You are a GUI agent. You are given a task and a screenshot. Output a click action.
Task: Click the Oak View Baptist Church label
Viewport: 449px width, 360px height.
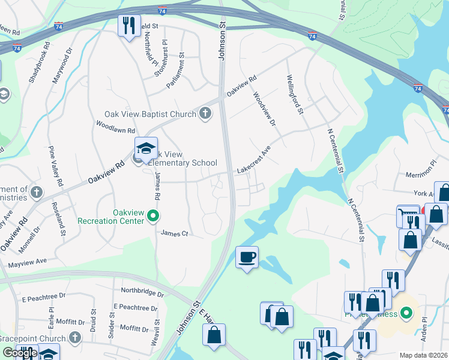pos(150,114)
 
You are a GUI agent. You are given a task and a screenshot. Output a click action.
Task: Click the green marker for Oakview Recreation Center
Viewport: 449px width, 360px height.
pos(154,215)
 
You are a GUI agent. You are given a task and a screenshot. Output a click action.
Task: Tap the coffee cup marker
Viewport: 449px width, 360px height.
pos(247,257)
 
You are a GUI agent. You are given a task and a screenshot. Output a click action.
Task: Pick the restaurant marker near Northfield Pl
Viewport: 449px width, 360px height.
pos(128,26)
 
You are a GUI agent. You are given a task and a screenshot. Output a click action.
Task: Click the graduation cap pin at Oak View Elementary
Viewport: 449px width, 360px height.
pos(146,149)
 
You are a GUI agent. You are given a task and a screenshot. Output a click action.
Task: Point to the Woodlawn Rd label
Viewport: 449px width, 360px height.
pos(116,127)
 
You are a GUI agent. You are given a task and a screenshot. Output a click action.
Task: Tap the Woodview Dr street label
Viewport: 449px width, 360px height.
pos(264,109)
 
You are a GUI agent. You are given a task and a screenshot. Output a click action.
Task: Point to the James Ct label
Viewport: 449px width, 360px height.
pos(174,233)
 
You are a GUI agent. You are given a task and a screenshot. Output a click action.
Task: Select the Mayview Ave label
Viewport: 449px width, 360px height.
pos(27,263)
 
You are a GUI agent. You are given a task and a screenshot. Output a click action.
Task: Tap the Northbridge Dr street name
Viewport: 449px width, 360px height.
pos(142,293)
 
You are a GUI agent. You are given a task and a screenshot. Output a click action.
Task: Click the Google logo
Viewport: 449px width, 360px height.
pos(20,352)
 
